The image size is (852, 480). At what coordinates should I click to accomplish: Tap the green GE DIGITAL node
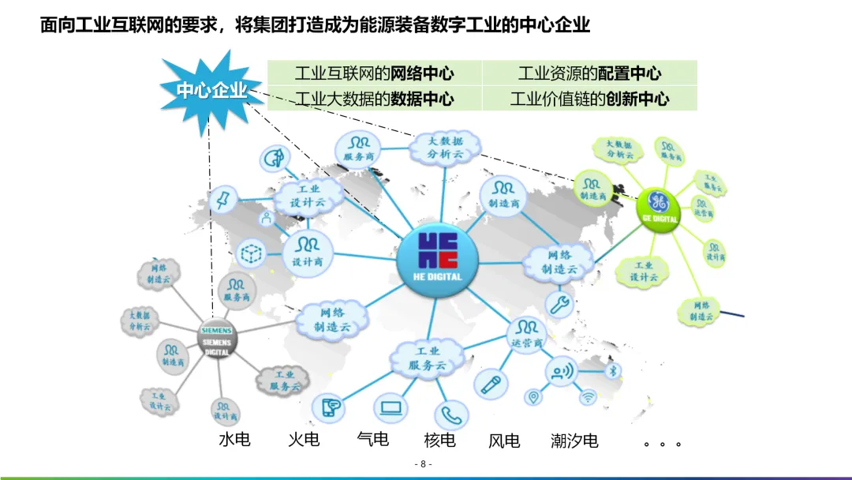tap(660, 208)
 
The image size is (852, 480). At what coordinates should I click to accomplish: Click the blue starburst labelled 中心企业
tap(211, 91)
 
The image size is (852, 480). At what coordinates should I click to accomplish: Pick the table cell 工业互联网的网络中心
tap(374, 74)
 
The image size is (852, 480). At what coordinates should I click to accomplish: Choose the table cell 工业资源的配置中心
tap(589, 74)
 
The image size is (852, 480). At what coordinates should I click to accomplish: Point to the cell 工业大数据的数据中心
tap(374, 99)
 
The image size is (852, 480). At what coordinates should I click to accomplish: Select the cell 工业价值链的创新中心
tap(589, 99)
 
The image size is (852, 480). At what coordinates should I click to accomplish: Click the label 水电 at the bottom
tap(234, 439)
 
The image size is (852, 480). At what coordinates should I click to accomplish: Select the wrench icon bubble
tap(561, 304)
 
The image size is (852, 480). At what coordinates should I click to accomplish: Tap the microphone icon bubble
tap(488, 384)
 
